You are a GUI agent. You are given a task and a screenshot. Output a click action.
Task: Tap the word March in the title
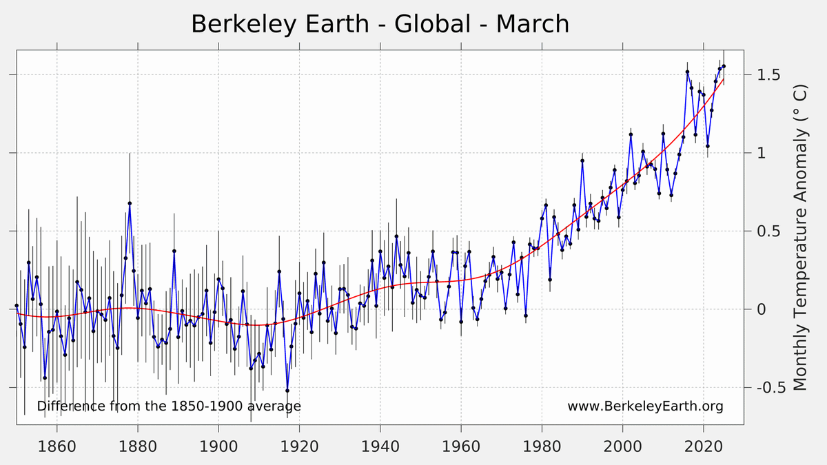tap(532, 24)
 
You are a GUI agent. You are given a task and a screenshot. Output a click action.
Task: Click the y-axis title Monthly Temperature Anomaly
tap(800, 238)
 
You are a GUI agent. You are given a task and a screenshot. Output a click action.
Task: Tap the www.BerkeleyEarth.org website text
tap(645, 406)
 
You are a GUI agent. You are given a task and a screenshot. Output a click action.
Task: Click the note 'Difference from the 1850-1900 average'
tap(169, 406)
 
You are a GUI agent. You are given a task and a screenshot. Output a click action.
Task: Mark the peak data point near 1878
tap(130, 203)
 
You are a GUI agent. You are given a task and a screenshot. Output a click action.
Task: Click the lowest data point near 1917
tap(287, 391)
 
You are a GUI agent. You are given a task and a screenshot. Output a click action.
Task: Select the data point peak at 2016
tap(688, 72)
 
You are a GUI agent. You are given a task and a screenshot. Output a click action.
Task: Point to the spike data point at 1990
tap(582, 161)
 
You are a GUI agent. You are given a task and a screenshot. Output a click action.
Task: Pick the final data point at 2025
tap(724, 66)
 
